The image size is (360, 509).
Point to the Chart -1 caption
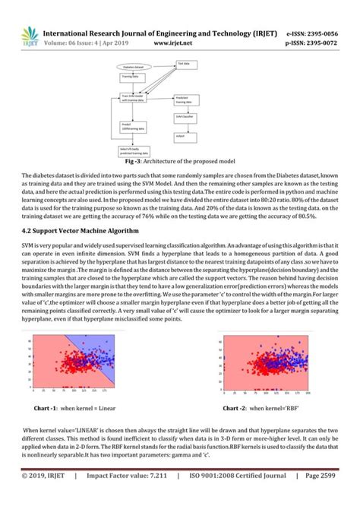coord(77,408)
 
